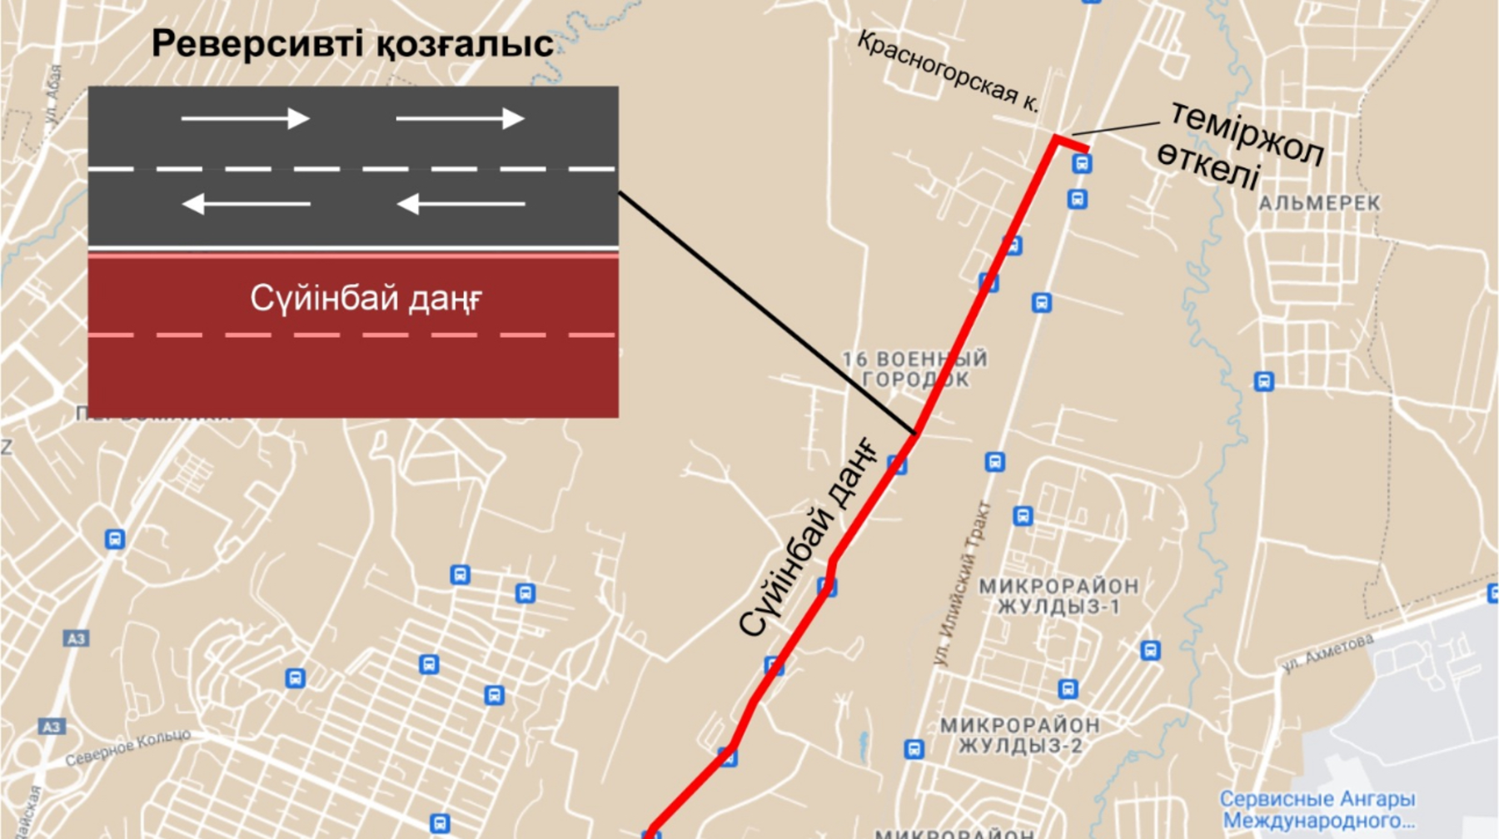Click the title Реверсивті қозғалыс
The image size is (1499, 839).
tap(352, 44)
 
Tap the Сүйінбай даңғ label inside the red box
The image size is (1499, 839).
tap(366, 298)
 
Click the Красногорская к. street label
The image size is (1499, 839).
tap(948, 71)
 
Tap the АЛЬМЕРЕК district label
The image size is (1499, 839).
tap(1319, 203)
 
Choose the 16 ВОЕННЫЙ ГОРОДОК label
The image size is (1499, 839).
tap(914, 370)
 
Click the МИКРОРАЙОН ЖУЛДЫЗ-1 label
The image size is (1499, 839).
tap(1058, 596)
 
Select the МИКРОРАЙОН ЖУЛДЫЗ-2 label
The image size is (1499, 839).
tap(1020, 735)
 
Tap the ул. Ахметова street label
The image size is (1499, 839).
tap(1327, 653)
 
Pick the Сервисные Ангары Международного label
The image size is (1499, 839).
tap(1318, 809)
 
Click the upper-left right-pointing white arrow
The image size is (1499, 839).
tap(245, 119)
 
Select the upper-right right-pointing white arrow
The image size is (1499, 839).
tap(460, 119)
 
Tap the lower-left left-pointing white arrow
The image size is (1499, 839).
tap(246, 203)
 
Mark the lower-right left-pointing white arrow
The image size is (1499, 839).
tap(461, 203)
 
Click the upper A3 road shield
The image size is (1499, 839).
tap(76, 639)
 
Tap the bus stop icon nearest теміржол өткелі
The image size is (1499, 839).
tap(1081, 164)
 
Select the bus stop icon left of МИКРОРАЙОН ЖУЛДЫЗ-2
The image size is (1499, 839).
tap(914, 749)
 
